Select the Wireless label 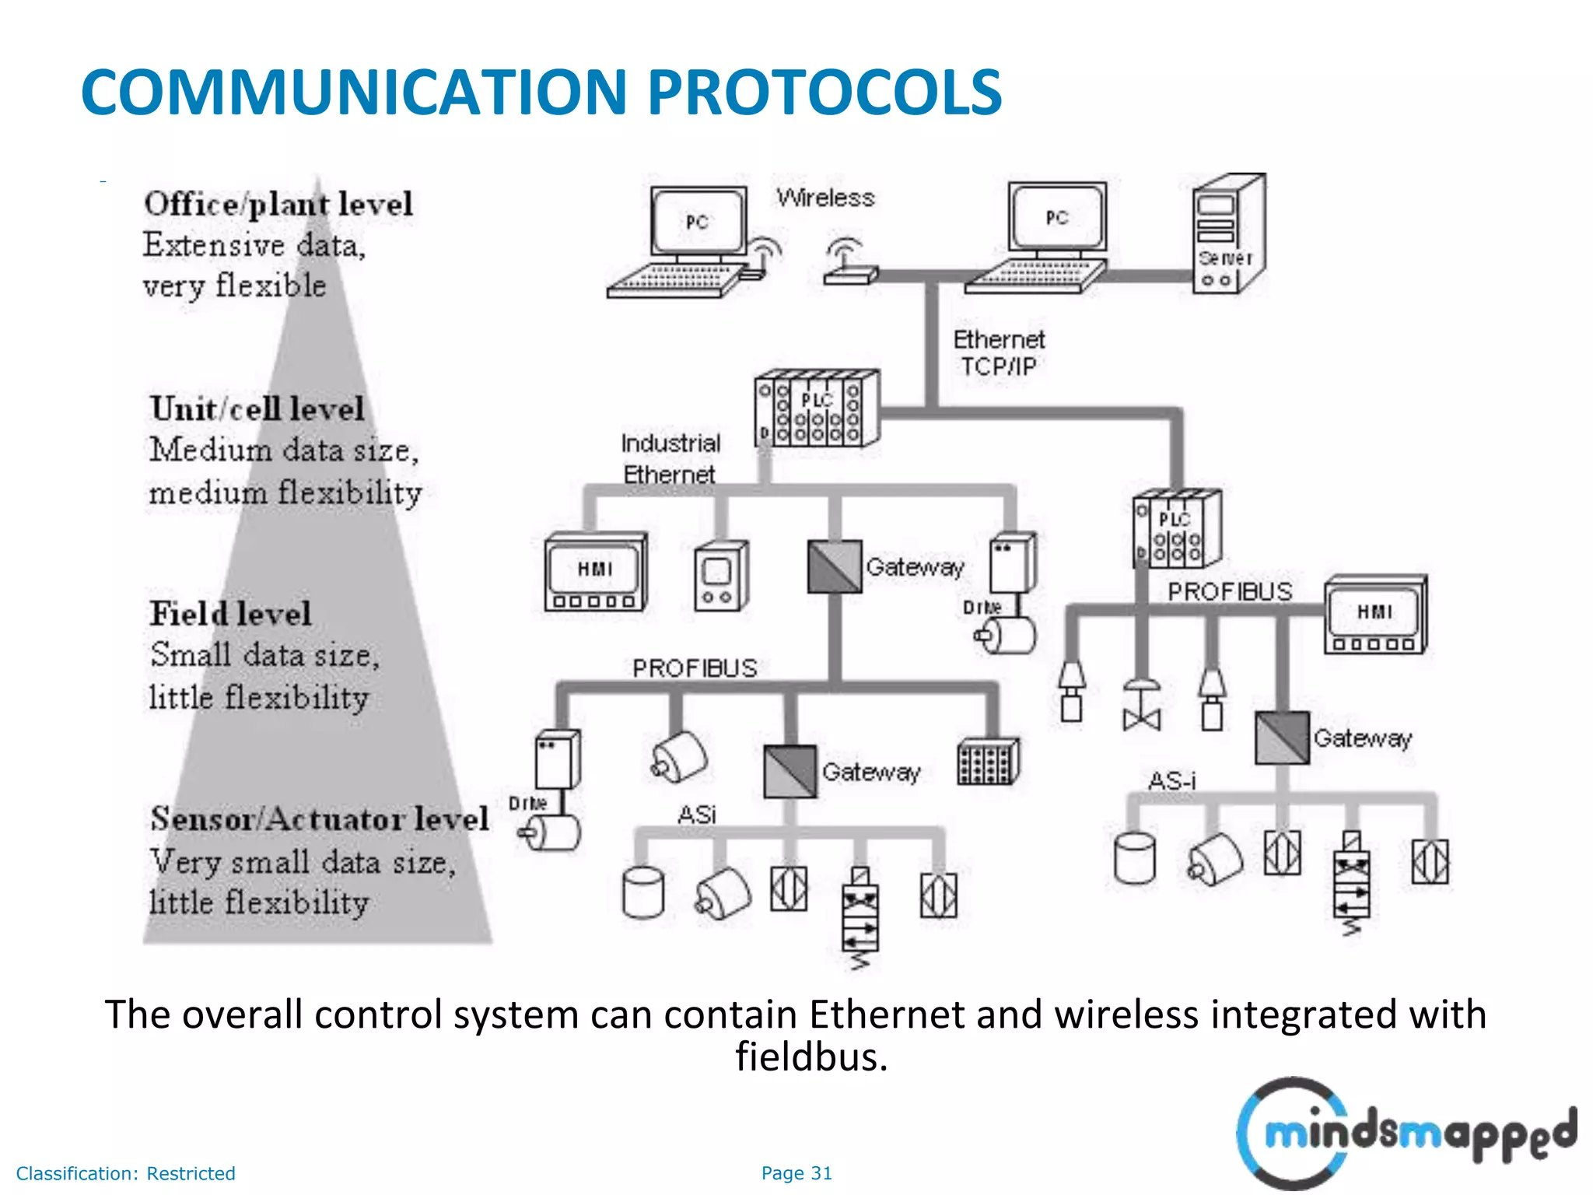coord(825,198)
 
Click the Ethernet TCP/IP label coord(998,352)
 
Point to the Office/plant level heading coord(278,205)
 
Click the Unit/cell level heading coord(257,409)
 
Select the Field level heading coord(230,614)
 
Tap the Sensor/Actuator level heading coord(320,819)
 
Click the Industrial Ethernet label coord(670,458)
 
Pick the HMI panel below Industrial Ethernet coord(595,573)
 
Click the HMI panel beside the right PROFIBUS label coord(1375,615)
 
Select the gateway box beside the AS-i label coord(1282,738)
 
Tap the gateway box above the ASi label coord(790,772)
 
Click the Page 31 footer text coord(796,1173)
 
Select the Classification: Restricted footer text coord(125,1173)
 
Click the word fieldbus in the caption coord(811,1057)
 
